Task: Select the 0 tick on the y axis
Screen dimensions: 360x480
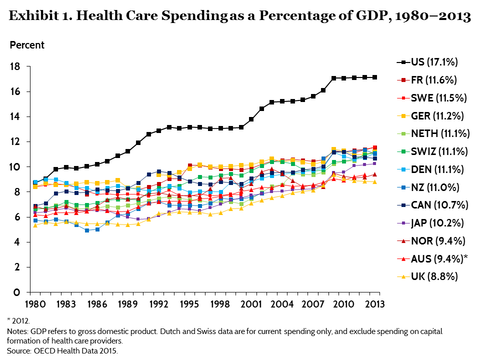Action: click(17, 292)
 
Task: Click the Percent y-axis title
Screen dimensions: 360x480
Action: click(27, 45)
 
